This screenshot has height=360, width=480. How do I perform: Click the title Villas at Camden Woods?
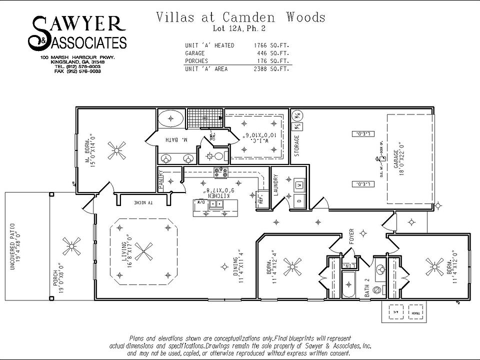point(240,17)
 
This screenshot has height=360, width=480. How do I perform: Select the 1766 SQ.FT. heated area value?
point(271,45)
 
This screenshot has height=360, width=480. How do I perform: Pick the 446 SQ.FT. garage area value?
point(271,53)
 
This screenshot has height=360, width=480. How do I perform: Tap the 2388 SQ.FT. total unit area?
point(271,69)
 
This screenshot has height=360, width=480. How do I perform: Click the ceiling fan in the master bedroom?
point(119,150)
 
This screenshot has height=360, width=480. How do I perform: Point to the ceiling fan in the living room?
point(145,251)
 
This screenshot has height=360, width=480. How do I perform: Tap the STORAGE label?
point(297,146)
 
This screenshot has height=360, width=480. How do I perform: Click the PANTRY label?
point(161,180)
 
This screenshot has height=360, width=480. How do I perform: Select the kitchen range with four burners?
point(220,172)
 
